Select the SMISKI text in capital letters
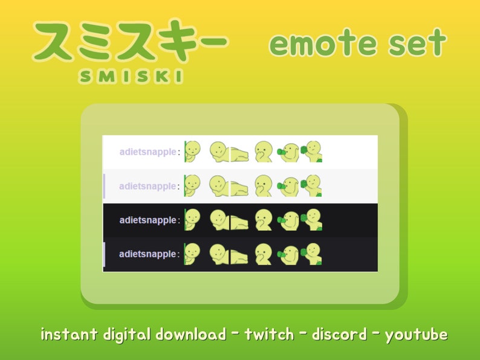point(131,76)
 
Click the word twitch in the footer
point(269,334)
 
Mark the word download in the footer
point(190,334)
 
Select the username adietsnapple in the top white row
point(148,152)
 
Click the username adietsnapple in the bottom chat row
point(148,254)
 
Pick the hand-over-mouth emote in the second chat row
point(263,185)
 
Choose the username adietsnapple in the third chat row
point(148,220)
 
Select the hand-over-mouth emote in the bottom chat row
point(263,254)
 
